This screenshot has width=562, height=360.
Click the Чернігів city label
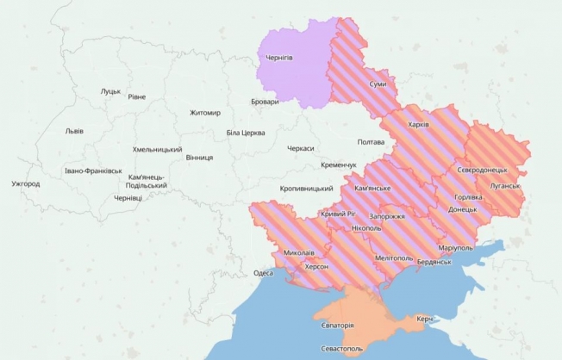click(280, 59)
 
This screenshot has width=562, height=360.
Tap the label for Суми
click(378, 84)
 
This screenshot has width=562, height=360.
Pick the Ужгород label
click(26, 183)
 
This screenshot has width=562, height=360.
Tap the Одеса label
click(263, 273)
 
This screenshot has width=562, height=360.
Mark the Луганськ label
click(504, 185)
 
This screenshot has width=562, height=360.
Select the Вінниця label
click(199, 158)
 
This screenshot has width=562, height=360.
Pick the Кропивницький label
click(307, 188)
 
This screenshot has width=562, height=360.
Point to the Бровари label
click(265, 102)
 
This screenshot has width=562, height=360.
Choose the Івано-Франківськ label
click(93, 171)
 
